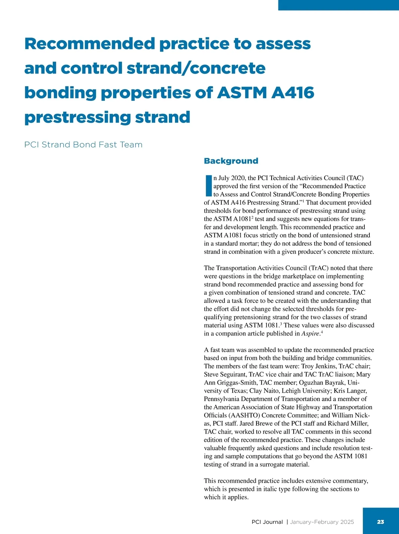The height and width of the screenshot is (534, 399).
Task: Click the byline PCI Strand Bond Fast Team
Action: coord(83,145)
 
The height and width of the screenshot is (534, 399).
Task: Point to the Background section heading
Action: coord(231,161)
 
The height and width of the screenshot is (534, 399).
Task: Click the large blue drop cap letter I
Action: coord(208,186)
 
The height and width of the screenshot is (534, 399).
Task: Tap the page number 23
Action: coord(380,522)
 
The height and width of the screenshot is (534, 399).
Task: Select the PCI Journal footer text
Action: coord(267,522)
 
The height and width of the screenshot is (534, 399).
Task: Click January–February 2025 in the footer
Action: coord(322,522)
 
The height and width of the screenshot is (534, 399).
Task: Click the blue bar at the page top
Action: coord(338,5)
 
